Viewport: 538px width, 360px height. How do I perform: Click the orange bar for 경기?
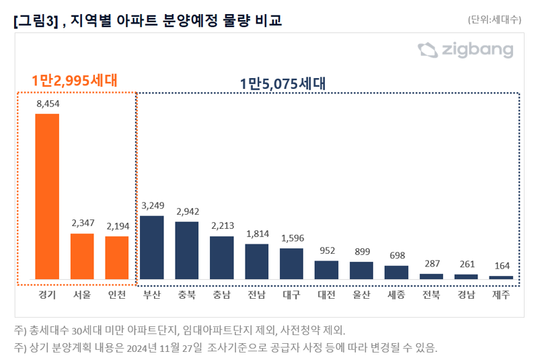(x=47, y=196)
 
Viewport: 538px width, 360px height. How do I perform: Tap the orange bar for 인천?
(x=117, y=257)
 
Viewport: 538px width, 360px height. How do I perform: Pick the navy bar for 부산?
(x=152, y=247)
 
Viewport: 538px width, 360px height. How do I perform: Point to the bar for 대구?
(x=291, y=263)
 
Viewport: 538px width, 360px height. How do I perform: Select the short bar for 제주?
(x=501, y=277)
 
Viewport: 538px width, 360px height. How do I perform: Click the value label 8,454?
(x=47, y=104)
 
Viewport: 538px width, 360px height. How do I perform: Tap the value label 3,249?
(x=152, y=206)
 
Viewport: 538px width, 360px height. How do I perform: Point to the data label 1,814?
(x=256, y=234)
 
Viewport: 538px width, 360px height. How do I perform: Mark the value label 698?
(x=396, y=256)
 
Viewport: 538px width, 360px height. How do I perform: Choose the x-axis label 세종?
(x=396, y=294)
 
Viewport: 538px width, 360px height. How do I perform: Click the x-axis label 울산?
(x=361, y=294)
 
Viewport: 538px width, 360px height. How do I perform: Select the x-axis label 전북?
(x=431, y=294)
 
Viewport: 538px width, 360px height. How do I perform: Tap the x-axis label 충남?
(x=221, y=294)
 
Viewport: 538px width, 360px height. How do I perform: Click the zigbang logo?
(x=465, y=50)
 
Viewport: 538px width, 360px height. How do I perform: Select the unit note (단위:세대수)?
(x=494, y=20)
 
